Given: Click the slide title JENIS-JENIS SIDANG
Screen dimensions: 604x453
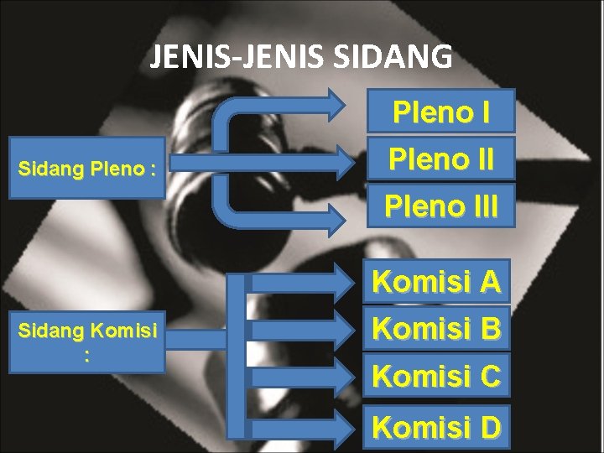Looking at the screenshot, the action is tap(301, 57).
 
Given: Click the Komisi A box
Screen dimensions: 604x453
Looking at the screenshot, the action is tap(436, 282).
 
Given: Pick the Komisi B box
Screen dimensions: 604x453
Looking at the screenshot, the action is tap(436, 328).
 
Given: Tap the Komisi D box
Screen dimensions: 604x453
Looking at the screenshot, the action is tap(436, 427).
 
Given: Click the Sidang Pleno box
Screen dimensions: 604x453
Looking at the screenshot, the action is tap(86, 169).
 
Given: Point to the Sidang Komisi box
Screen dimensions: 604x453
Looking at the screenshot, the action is tap(86, 342).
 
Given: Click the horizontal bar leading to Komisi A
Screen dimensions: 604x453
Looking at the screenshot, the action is tap(302, 282).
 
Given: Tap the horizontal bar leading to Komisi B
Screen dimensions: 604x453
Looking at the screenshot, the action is tap(302, 328).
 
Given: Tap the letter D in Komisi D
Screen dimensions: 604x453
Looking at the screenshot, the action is tap(490, 427).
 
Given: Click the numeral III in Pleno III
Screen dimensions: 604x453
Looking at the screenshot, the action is tap(479, 204).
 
